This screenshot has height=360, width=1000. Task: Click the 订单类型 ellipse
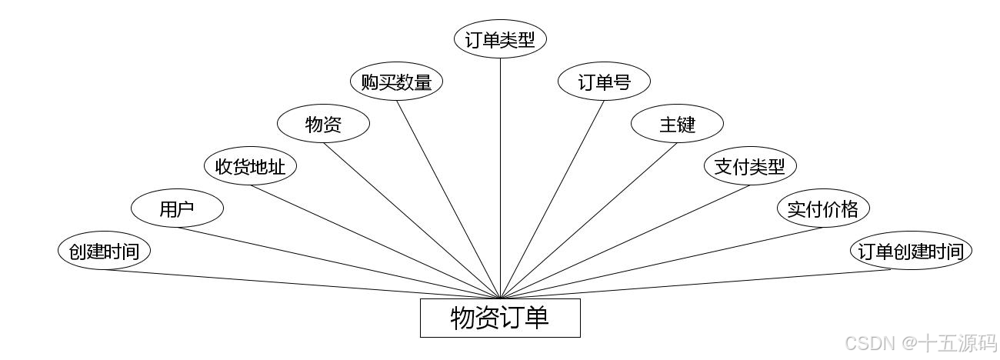tap(500, 39)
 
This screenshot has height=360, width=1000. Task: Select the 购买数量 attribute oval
tap(396, 82)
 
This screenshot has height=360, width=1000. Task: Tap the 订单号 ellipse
tap(604, 82)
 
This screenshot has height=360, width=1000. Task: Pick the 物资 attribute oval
tap(323, 124)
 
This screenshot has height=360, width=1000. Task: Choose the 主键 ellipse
tap(677, 124)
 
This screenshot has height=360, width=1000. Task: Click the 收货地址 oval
tap(250, 166)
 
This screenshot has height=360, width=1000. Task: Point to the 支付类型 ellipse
tap(750, 166)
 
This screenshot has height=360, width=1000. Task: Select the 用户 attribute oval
tap(177, 208)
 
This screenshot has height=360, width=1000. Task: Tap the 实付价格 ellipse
tap(823, 208)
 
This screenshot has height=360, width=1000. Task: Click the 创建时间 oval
tap(104, 252)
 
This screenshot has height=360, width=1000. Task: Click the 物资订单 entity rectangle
tap(500, 318)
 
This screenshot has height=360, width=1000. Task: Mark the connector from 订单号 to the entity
tap(552, 198)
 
